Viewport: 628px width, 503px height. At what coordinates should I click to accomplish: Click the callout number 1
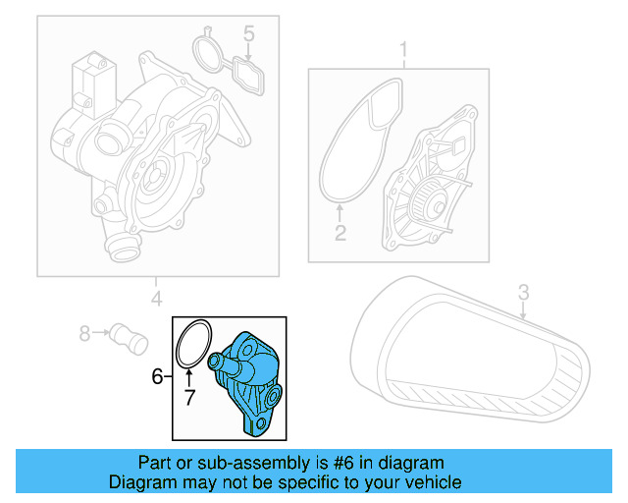pos(401,49)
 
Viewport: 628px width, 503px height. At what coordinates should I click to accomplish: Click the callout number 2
pos(340,233)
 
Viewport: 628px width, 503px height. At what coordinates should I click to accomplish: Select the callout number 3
pos(523,292)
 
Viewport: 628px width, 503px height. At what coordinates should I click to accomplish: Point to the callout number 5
pos(249,34)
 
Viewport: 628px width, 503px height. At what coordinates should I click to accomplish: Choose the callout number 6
pos(157,376)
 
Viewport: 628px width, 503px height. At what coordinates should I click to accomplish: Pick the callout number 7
pos(189,397)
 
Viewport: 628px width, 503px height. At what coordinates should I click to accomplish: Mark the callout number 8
pos(83,334)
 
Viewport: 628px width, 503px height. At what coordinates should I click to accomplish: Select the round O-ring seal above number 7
pos(192,343)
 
